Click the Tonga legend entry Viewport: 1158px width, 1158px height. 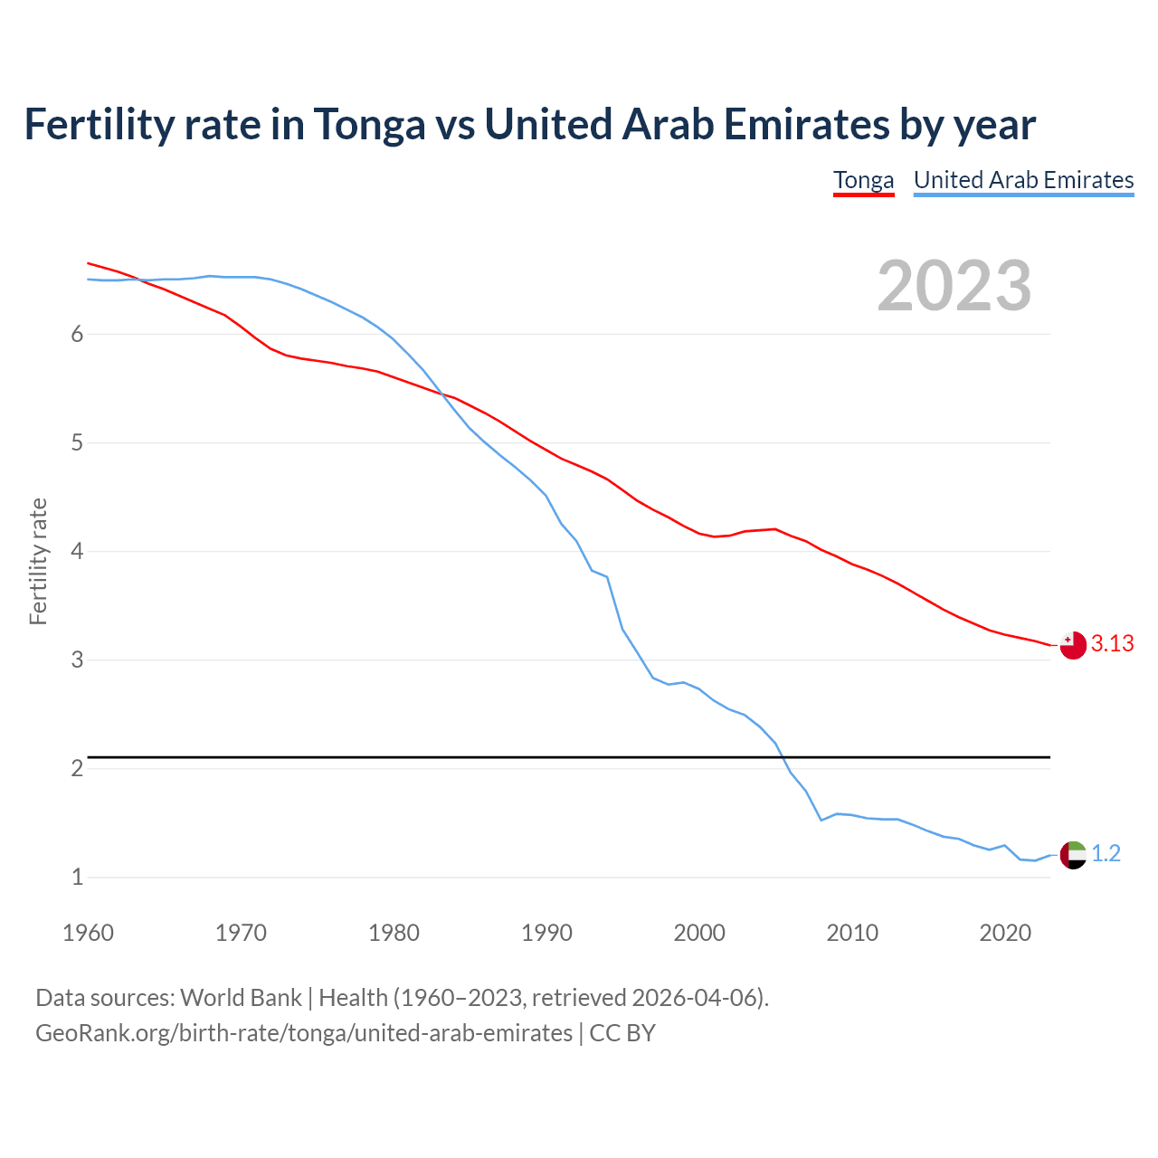863,180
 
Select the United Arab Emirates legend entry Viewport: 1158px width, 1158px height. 1023,180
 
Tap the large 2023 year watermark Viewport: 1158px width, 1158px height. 954,286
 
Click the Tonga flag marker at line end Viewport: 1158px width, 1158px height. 1072,645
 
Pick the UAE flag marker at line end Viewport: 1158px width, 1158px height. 1072,854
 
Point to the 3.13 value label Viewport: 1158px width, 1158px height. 1112,644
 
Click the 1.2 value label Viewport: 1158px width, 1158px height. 1106,854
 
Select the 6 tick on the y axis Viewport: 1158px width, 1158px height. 77,334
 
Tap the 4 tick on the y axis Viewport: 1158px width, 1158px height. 77,551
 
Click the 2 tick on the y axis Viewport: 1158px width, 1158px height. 77,768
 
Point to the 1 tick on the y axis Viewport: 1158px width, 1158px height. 77,877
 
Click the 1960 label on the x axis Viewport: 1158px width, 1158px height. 88,933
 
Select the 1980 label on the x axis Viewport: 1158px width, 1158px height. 394,933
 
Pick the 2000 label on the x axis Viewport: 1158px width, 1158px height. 699,933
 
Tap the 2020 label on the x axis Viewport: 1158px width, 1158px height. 1005,933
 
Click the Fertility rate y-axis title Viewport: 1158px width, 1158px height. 38,561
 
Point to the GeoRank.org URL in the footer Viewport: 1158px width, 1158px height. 303,1032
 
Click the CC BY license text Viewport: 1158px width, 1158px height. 622,1032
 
